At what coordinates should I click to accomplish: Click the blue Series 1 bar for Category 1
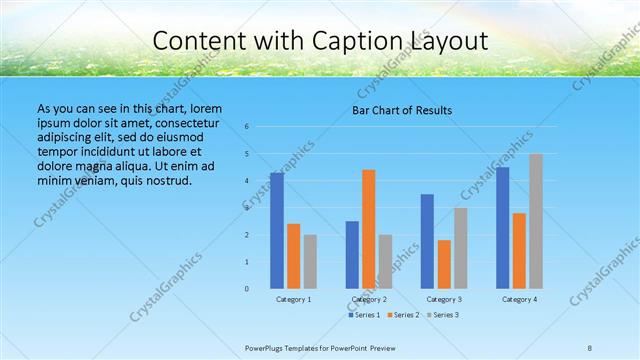coord(277,231)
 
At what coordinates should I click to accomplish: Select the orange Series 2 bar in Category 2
coord(369,229)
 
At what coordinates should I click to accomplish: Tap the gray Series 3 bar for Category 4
coord(536,221)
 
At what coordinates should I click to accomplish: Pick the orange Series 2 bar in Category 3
coord(444,264)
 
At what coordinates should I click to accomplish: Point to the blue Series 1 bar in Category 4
coord(503,228)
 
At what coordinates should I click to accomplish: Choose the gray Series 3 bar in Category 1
coord(310,261)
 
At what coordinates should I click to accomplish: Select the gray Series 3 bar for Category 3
coord(461,248)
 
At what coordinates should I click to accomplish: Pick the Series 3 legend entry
coord(443,315)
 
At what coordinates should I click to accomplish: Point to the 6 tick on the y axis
coord(246,127)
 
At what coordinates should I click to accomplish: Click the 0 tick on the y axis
coord(246,288)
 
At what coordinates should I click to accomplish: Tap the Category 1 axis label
coord(293,299)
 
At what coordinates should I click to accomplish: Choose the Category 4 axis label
coord(519,299)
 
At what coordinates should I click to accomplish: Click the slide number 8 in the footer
coord(590,347)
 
